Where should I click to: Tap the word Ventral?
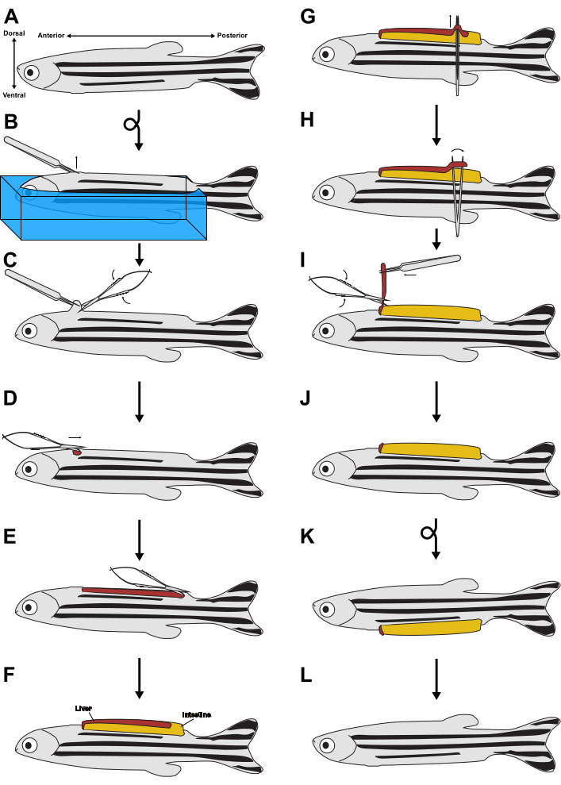[14, 95]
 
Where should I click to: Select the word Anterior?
[51, 36]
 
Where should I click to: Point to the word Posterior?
[232, 36]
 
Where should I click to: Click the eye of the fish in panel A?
[30, 72]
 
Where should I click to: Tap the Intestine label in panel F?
[197, 714]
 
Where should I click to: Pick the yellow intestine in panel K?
[432, 629]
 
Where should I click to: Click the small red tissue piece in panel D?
[77, 452]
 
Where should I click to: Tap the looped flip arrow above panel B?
[132, 125]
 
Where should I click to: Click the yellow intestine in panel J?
[432, 451]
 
